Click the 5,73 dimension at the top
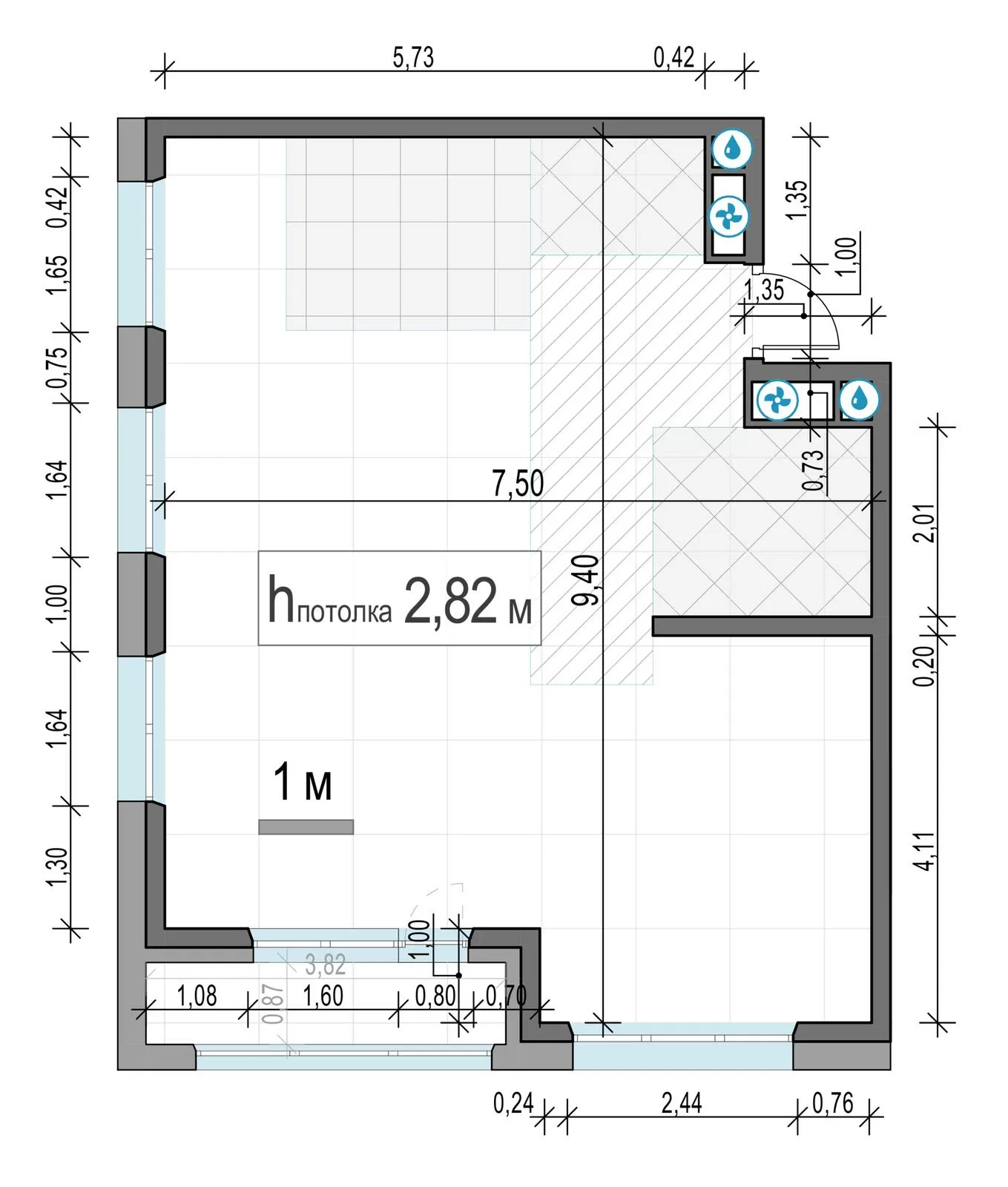[413, 57]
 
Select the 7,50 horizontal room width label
[518, 483]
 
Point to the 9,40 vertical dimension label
[585, 580]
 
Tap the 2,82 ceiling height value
[450, 600]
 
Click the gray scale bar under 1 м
[306, 826]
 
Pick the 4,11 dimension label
[924, 850]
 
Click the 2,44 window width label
[682, 1103]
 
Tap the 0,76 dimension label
[833, 1103]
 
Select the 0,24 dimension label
[513, 1103]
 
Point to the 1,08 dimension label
[197, 996]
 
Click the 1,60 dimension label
[323, 996]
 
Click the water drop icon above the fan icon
[733, 148]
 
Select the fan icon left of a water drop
[777, 401]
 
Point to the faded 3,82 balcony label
[326, 964]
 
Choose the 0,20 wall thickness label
[924, 666]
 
